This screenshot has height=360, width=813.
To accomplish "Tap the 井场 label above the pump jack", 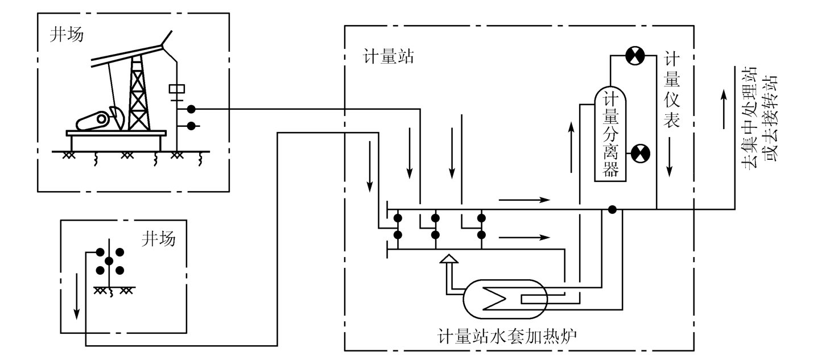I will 67,35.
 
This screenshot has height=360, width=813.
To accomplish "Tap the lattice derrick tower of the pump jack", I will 138,94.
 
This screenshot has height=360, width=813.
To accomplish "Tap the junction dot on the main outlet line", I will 612,209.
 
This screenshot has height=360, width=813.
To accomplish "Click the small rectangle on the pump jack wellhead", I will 178,89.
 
